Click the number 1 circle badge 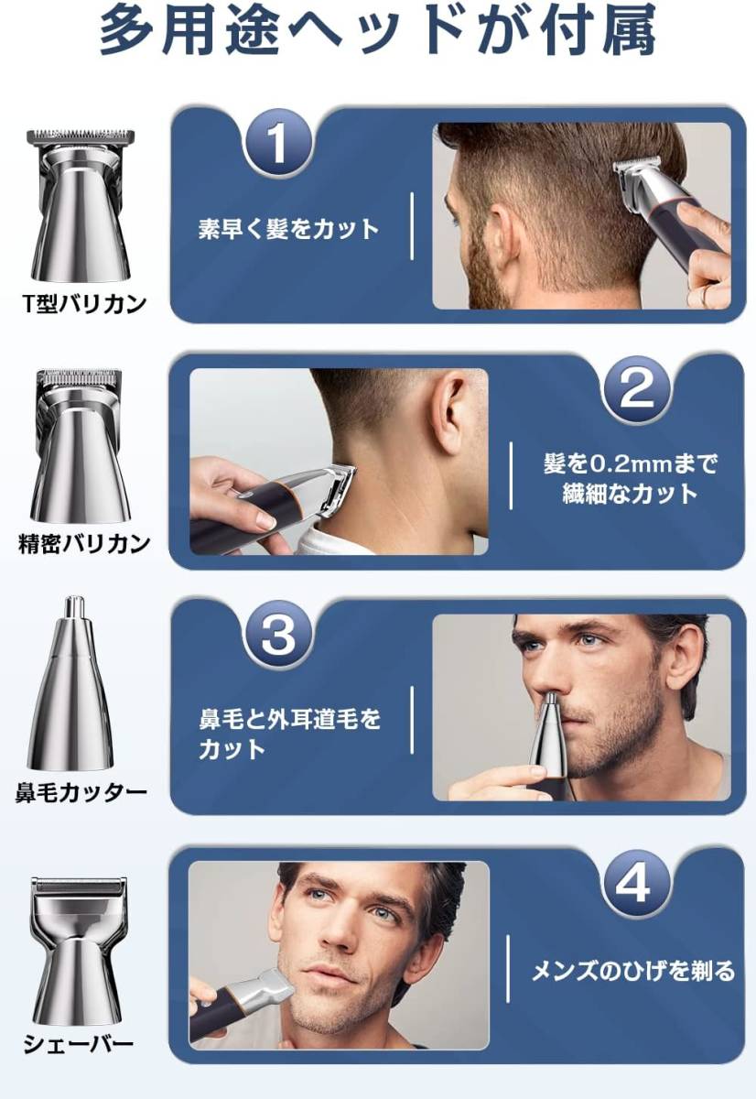coord(277,144)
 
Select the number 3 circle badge coord(277,635)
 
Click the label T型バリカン coord(84,304)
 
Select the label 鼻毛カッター coord(81,793)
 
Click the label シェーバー coord(79,1042)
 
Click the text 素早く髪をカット coord(288,229)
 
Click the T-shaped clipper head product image coord(81,205)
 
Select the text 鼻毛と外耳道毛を coord(289,720)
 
